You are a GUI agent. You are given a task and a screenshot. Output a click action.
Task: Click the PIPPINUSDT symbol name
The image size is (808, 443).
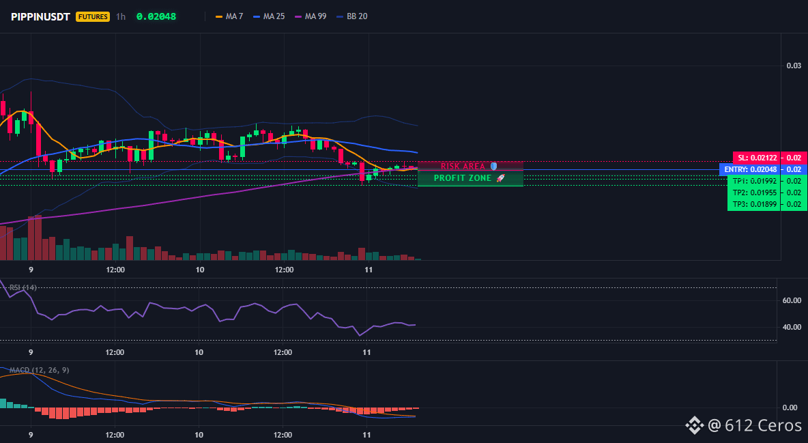[x=40, y=16]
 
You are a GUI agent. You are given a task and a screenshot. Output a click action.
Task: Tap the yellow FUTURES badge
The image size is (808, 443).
[x=93, y=16]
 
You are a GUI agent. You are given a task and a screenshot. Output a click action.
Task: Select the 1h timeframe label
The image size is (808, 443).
[x=121, y=16]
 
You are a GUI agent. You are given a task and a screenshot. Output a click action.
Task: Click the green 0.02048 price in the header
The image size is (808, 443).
[x=156, y=16]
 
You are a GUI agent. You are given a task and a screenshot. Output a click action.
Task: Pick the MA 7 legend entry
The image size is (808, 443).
[x=229, y=16]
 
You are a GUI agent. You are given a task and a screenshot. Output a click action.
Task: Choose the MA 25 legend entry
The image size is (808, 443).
[x=269, y=16]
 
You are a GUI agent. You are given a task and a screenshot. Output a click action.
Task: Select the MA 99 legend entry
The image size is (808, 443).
[x=311, y=16]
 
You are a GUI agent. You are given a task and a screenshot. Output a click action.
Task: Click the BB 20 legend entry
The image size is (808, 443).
[x=352, y=16]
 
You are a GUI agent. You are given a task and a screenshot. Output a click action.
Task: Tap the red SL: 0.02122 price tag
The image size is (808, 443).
[x=757, y=158]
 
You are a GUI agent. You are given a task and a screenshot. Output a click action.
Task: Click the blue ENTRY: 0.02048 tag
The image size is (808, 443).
[x=750, y=169]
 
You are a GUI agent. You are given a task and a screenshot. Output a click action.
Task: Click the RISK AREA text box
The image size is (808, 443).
[x=470, y=166]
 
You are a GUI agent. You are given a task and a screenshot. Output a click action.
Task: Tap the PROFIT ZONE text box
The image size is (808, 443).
[x=470, y=178]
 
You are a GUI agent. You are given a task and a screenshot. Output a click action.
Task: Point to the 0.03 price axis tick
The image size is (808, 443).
[x=794, y=66]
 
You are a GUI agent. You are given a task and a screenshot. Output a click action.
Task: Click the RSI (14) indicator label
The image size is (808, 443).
[x=23, y=287]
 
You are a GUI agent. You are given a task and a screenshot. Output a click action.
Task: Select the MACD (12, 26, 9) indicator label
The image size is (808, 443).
[x=39, y=370]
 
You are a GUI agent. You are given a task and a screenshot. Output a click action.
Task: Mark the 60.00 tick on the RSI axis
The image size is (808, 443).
[x=792, y=300]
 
